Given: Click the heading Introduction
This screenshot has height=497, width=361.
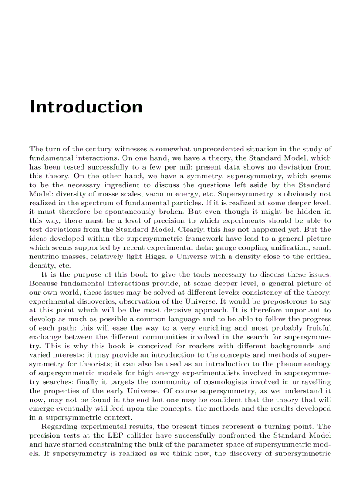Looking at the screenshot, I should tap(86, 107).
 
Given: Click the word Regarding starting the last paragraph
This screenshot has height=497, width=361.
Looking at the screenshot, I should tap(57, 427).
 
